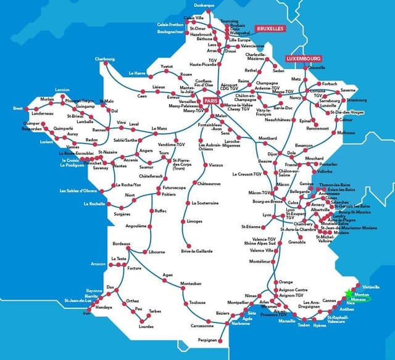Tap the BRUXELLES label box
click(269, 28)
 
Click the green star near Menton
click(349, 293)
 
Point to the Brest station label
click(17, 108)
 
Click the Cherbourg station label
click(105, 59)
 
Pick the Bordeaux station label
click(121, 244)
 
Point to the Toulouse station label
click(197, 303)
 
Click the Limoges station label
click(194, 221)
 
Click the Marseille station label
click(286, 321)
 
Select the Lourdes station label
click(147, 326)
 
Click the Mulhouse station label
click(346, 133)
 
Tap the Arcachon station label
click(98, 264)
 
